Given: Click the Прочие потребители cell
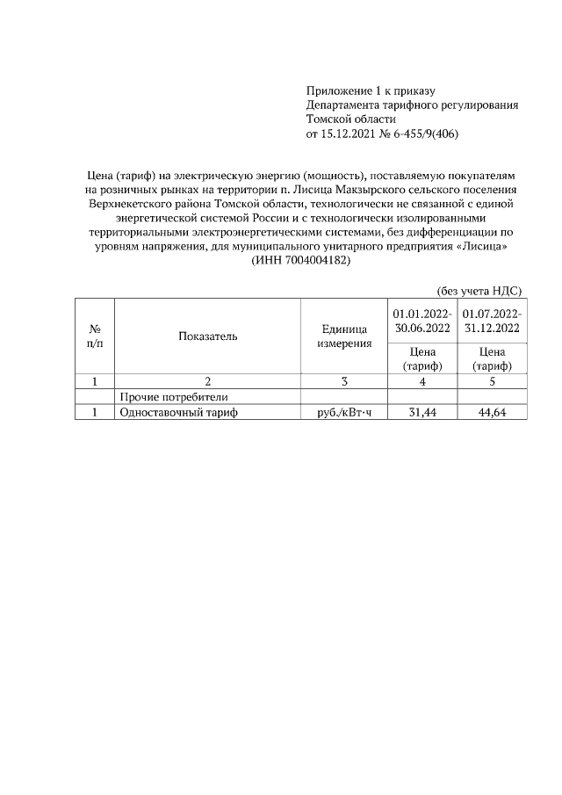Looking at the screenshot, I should (167, 397).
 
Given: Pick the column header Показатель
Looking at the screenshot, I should (207, 336).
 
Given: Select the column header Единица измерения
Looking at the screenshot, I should (344, 336).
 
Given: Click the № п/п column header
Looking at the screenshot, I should (95, 336).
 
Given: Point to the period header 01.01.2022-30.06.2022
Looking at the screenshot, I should (422, 320).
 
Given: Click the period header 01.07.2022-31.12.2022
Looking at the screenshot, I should (492, 320).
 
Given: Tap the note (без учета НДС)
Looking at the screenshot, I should (479, 291).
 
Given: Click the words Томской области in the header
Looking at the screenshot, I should (351, 119).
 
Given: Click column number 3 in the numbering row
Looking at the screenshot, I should (344, 381).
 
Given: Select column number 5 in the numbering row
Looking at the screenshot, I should (492, 381).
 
